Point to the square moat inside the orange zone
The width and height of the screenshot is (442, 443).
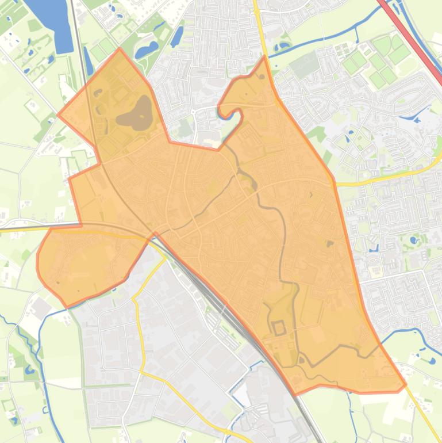(x=279, y=328)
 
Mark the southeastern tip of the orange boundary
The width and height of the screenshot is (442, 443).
(x=405, y=384)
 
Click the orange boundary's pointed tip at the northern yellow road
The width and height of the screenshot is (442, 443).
(x=264, y=57)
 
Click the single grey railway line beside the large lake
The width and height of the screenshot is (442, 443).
(x=76, y=35)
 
